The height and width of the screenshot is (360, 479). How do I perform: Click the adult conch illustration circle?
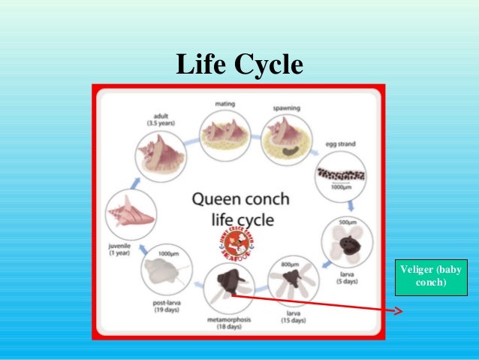160,157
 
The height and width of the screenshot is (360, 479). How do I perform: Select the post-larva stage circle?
168,269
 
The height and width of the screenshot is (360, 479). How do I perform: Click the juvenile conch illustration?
131,213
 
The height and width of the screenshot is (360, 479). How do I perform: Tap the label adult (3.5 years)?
156,119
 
